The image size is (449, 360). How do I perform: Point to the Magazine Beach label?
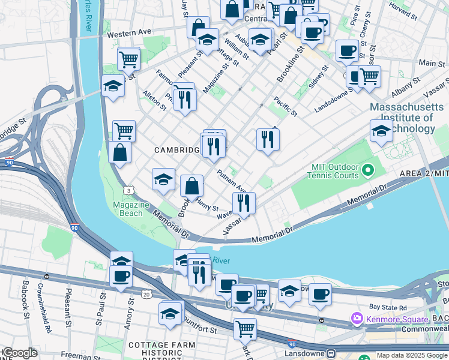point(131,209)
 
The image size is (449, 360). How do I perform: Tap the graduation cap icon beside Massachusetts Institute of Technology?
point(381,131)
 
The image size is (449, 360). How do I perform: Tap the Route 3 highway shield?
point(129,190)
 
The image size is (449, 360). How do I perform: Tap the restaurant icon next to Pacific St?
point(268,139)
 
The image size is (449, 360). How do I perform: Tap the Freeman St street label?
point(76,355)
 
